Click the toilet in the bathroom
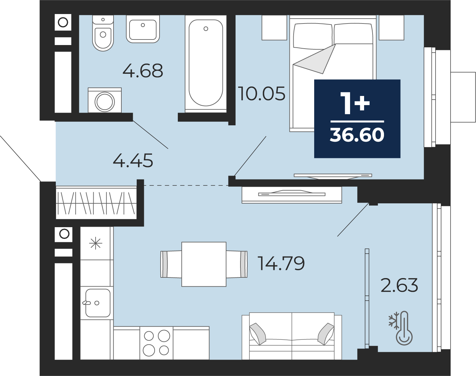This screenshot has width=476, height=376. pos(103,33)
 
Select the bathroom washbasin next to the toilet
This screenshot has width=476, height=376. pos(143,29)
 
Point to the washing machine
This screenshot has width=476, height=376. pos(105,100)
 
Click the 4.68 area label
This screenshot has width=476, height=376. pos(143,71)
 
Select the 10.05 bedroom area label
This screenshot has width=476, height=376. pos(262,94)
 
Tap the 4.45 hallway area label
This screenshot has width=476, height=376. pos(133,161)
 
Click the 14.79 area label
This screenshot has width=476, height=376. pos(281,263)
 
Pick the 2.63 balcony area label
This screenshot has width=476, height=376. pos(399,285)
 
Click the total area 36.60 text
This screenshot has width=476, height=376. pos(357,135)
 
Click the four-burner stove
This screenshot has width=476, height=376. pos(156,343)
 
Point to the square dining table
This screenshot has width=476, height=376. pos(204,264)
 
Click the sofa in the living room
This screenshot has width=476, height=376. pos(292,336)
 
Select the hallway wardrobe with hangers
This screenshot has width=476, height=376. pos(96,202)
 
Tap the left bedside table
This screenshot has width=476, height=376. pos(274,28)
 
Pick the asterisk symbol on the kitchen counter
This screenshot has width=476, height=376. pos(96,244)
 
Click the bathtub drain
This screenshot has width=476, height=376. pos(206,28)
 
